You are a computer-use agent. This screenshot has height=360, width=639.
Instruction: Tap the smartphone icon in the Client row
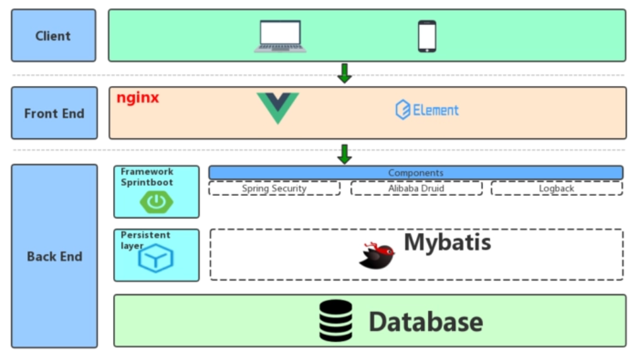tap(427, 36)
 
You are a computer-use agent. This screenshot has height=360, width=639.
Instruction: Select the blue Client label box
tap(54, 36)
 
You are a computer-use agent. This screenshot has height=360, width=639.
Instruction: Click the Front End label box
tap(54, 113)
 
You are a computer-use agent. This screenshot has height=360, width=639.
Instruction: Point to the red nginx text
tap(138, 98)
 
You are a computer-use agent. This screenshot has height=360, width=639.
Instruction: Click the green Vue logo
tap(278, 108)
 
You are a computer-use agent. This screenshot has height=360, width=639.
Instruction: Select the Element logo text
tap(427, 110)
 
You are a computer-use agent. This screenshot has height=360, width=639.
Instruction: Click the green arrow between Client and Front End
tap(344, 73)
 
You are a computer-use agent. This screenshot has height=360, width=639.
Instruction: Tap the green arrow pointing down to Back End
tap(344, 154)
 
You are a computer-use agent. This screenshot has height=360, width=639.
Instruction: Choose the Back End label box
tap(54, 256)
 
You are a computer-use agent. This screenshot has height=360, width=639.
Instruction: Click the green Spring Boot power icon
tap(156, 202)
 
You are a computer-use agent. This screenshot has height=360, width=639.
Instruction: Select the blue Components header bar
tap(415, 173)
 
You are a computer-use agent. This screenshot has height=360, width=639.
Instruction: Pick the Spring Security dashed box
tap(274, 189)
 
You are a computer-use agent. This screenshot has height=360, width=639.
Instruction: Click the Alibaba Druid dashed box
tap(416, 189)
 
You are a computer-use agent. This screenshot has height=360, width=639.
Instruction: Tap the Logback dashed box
tap(556, 189)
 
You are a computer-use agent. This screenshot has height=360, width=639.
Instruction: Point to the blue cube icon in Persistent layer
tap(155, 259)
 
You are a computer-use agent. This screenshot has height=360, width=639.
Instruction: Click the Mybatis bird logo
tap(377, 255)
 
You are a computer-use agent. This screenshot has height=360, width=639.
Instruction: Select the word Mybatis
tap(447, 242)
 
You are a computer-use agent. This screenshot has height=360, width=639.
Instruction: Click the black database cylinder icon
tap(336, 321)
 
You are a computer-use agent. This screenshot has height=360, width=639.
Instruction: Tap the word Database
tap(425, 322)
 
